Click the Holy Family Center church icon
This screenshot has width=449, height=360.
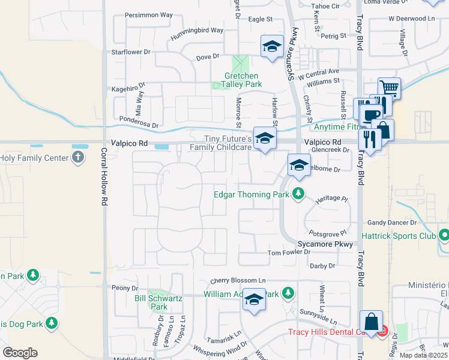tap(77, 158)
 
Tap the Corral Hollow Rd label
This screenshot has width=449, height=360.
tap(104, 178)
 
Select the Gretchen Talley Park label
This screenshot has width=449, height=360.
tap(241, 80)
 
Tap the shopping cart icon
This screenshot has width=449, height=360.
tap(389, 88)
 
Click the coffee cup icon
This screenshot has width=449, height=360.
tap(372, 114)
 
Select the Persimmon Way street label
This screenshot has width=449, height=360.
tap(148, 15)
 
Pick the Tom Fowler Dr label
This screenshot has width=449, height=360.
tap(289, 253)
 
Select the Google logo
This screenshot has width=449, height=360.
tap(20, 352)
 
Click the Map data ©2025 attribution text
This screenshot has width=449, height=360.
tap(423, 355)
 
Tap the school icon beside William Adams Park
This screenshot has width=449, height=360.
tap(254, 299)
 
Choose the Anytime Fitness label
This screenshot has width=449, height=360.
tap(336, 127)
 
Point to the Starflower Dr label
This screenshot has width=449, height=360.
tap(131, 52)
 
